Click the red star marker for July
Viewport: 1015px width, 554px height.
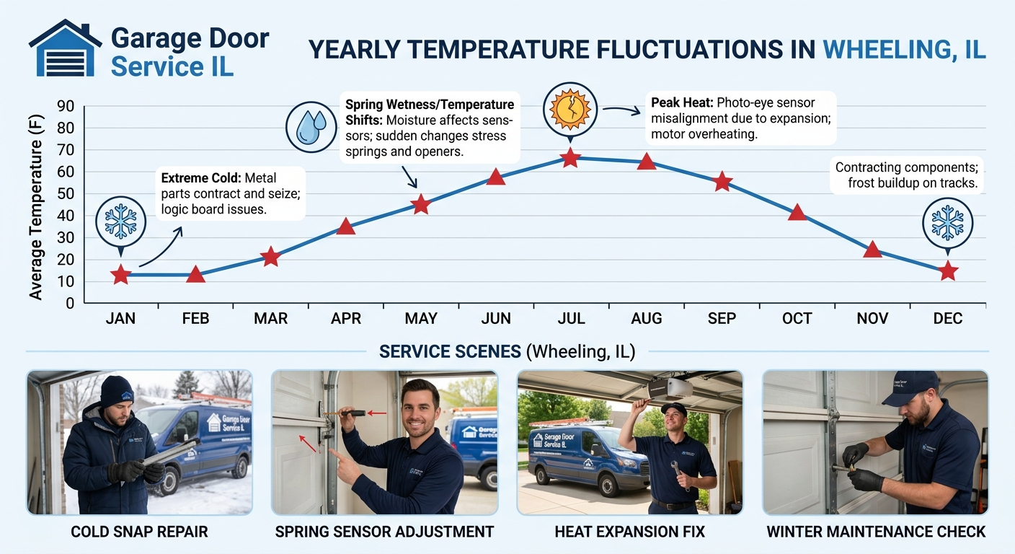pos(570,158)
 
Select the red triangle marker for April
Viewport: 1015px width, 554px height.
pos(346,227)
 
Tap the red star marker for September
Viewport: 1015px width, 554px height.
pos(722,183)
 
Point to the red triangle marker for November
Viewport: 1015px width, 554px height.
pos(872,250)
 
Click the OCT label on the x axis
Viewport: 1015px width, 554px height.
pos(797,318)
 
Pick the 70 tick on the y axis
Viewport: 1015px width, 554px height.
pos(66,150)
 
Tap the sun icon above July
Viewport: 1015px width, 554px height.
pos(570,109)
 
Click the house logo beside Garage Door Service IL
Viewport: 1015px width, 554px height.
pos(65,48)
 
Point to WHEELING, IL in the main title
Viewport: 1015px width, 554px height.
pos(904,49)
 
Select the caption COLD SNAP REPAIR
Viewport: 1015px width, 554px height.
pos(139,532)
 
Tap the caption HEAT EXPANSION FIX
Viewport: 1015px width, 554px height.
pos(629,532)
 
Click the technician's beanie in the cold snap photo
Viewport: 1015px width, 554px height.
pos(117,391)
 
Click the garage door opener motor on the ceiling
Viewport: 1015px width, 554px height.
pos(670,389)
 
